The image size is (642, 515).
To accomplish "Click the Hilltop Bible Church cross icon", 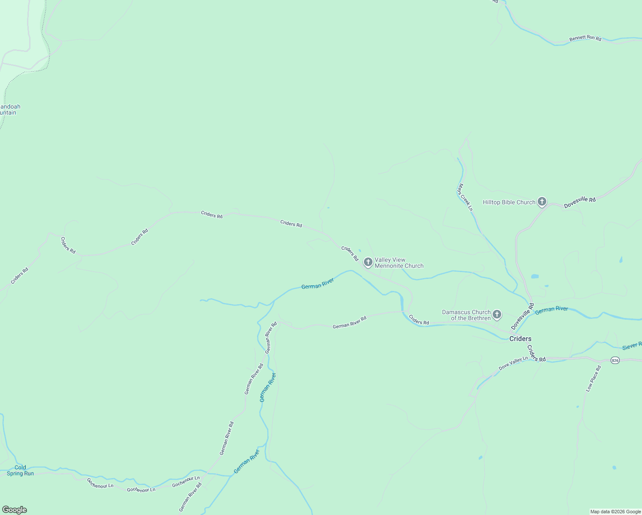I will coord(542,201).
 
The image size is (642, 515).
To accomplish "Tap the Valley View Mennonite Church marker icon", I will coord(368,262).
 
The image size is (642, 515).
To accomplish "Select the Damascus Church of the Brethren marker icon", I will coord(497,315).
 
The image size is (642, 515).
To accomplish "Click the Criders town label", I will coord(520,339).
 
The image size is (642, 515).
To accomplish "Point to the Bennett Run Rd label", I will coord(585,38).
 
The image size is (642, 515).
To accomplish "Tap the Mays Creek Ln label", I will coord(465,197).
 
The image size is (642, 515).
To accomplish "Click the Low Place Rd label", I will coord(594,379).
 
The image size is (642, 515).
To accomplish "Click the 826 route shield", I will coord(615,360).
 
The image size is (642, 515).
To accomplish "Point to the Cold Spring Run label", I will coord(20,470).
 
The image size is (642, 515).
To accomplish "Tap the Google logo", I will coord(15,510).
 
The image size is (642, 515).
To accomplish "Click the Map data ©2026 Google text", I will coord(615,512).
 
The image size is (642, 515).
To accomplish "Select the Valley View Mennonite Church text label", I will coord(399,263).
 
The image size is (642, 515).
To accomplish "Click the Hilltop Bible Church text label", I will coord(509,202).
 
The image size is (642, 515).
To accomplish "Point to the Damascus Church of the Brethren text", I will coord(466,315).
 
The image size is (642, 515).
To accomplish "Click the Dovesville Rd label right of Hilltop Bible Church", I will coord(580,203).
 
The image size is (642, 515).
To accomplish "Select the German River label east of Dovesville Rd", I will coord(551,309).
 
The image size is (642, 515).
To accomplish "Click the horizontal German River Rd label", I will coord(349,322).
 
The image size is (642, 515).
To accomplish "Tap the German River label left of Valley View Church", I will coord(318,284).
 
